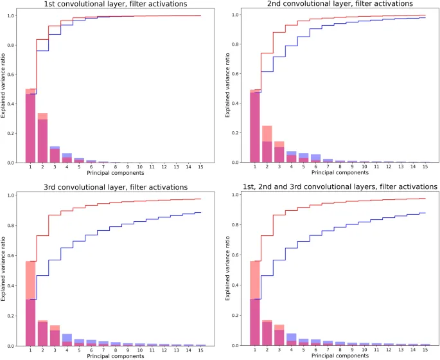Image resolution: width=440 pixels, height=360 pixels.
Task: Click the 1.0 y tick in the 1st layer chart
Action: point(17,15)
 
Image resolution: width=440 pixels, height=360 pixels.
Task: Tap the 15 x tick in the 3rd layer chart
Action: point(201,350)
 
